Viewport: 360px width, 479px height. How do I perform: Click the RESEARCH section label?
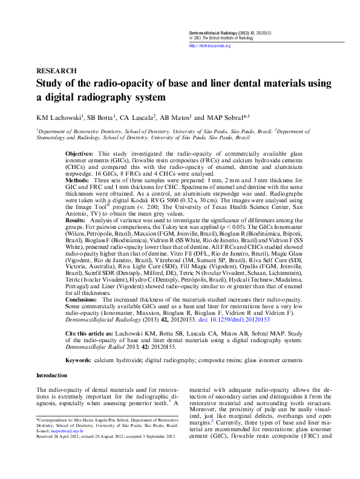56,71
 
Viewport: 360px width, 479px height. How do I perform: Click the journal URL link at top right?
209,45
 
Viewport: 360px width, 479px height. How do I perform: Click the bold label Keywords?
78,360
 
